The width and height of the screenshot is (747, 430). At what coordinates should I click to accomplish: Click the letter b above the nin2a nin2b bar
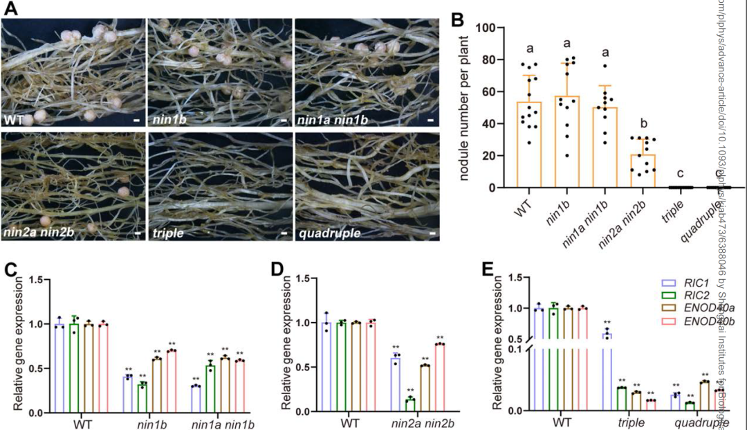coord(643,124)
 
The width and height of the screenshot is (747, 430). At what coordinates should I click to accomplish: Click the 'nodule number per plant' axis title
coord(463,107)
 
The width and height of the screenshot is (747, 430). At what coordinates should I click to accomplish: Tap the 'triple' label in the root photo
coord(168,233)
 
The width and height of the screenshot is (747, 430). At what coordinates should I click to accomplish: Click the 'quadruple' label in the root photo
coord(330,233)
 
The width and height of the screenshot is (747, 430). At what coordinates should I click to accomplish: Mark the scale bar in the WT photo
coord(136,120)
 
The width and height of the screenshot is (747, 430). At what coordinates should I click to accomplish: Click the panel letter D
coord(279,269)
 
